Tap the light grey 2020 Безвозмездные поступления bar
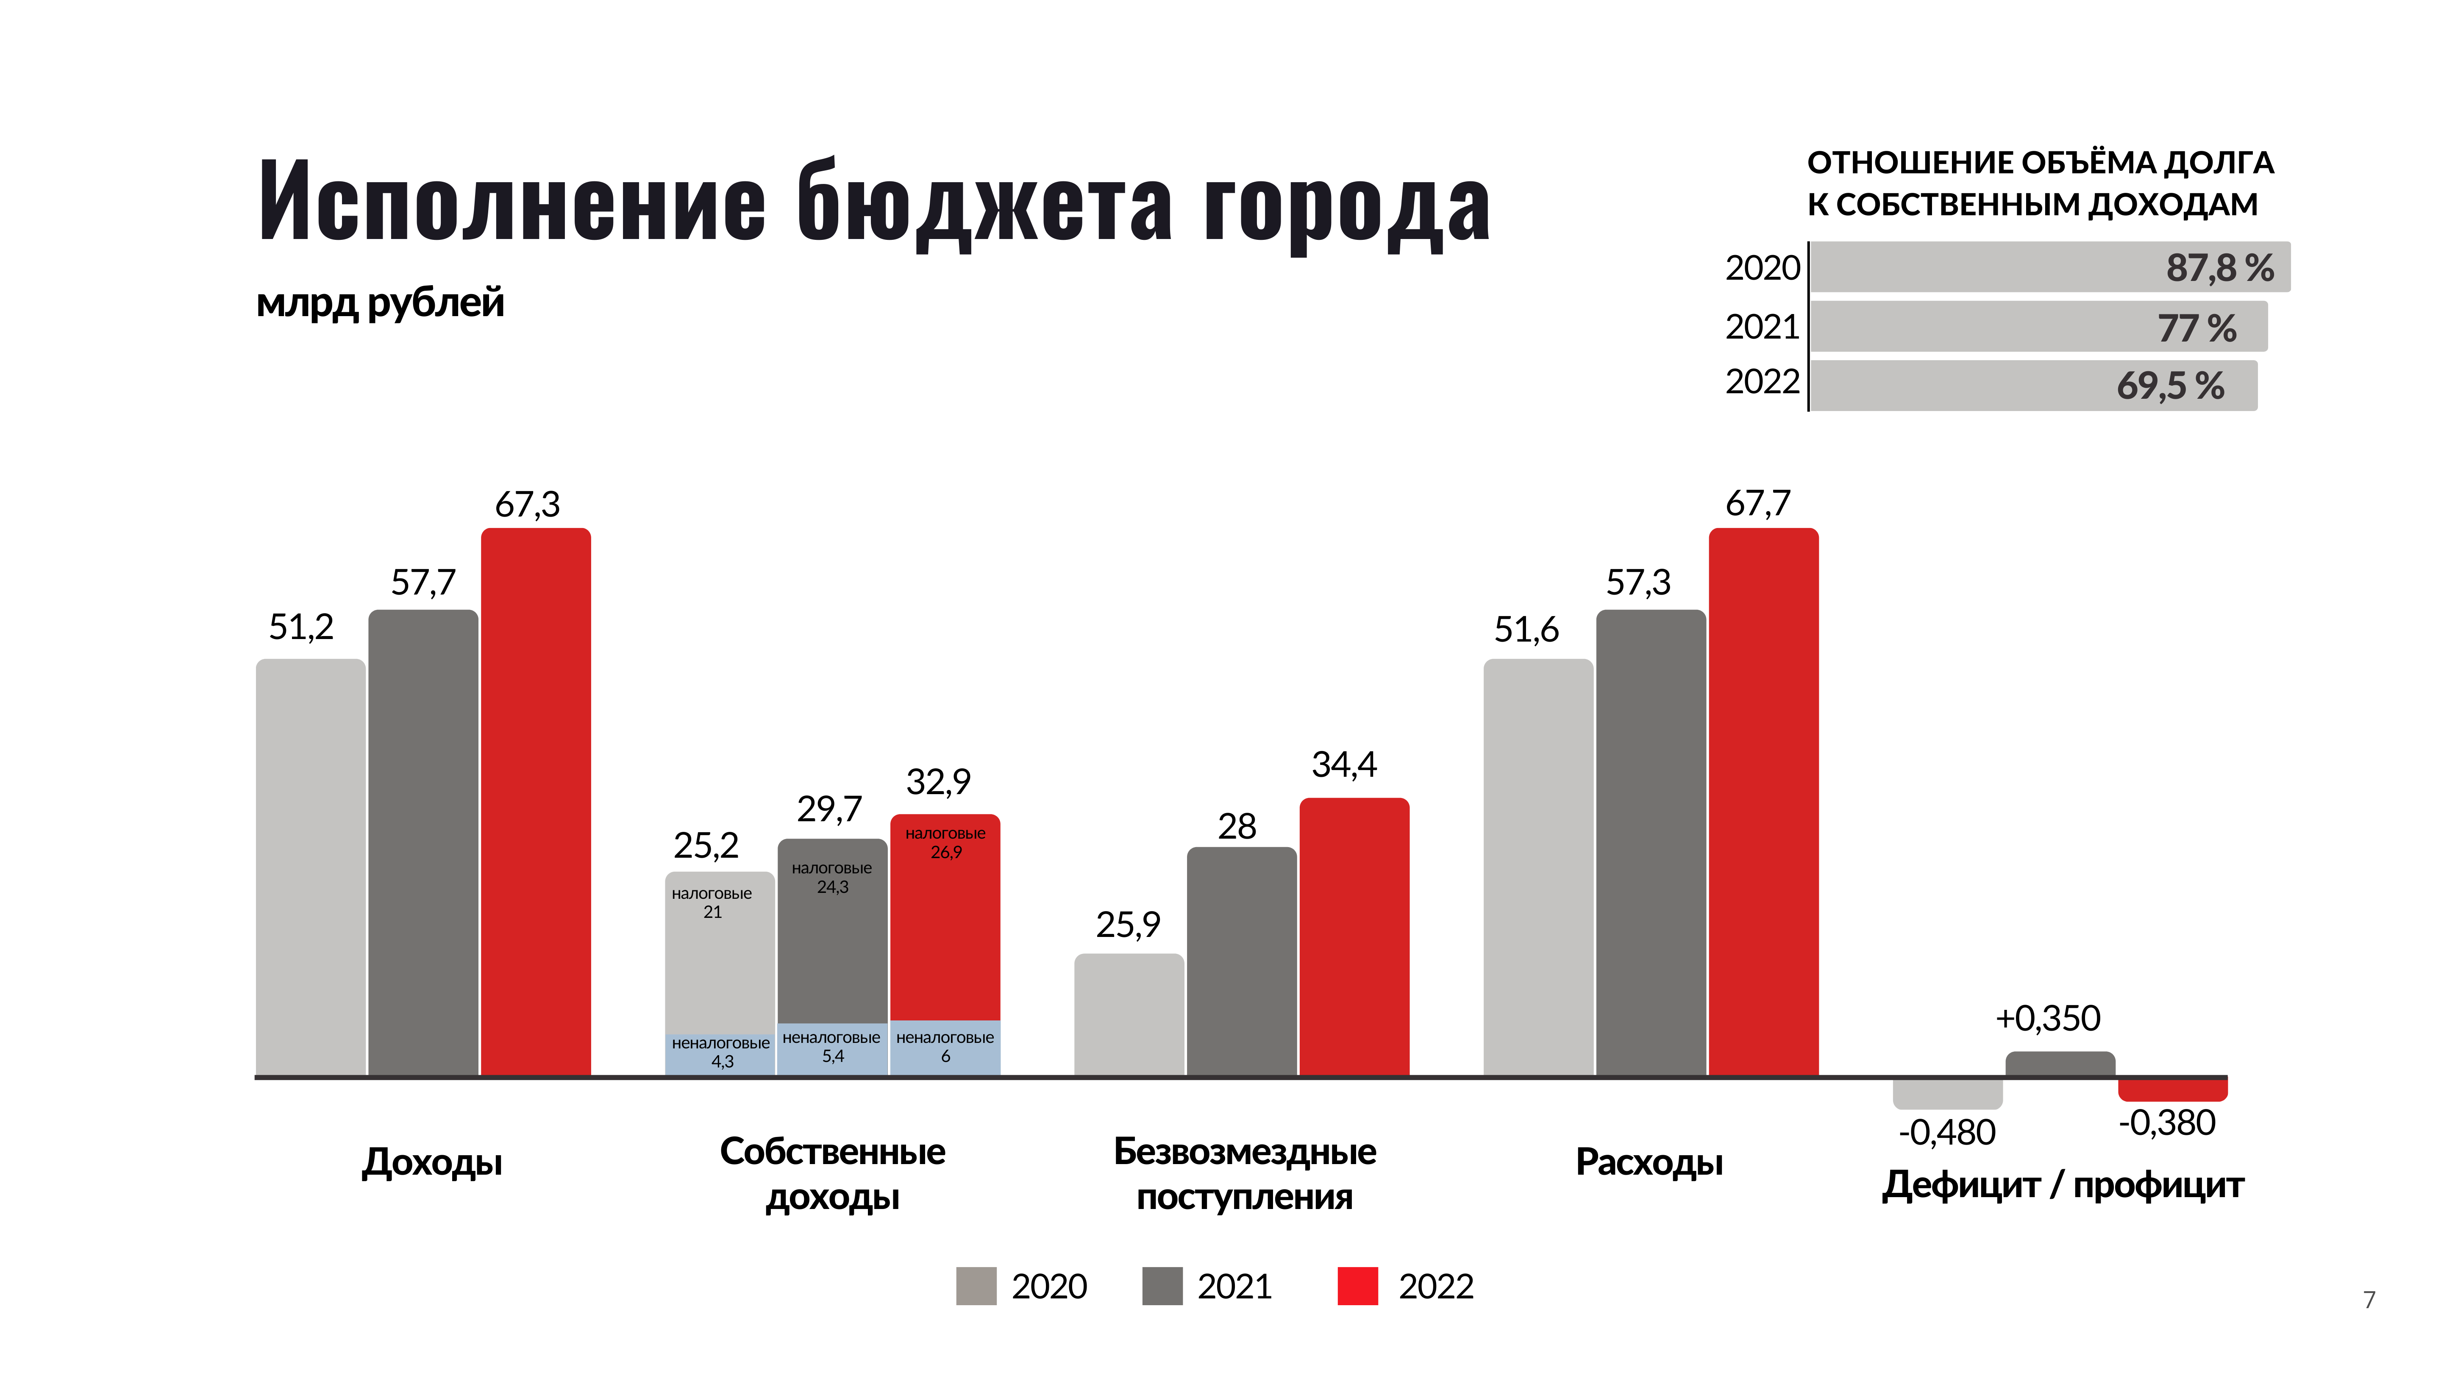pyautogui.click(x=1129, y=1014)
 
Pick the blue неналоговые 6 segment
pyautogui.click(x=945, y=1047)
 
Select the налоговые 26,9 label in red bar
pyautogui.click(x=945, y=842)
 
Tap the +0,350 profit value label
pyautogui.click(x=2048, y=1019)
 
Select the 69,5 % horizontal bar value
pyautogui.click(x=2170, y=386)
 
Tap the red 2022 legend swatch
pyautogui.click(x=1357, y=1286)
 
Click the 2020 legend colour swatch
pyautogui.click(x=976, y=1286)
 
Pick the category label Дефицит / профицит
pyautogui.click(x=2062, y=1185)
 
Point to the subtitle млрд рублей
pyautogui.click(x=380, y=303)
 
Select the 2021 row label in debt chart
pyautogui.click(x=1762, y=327)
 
